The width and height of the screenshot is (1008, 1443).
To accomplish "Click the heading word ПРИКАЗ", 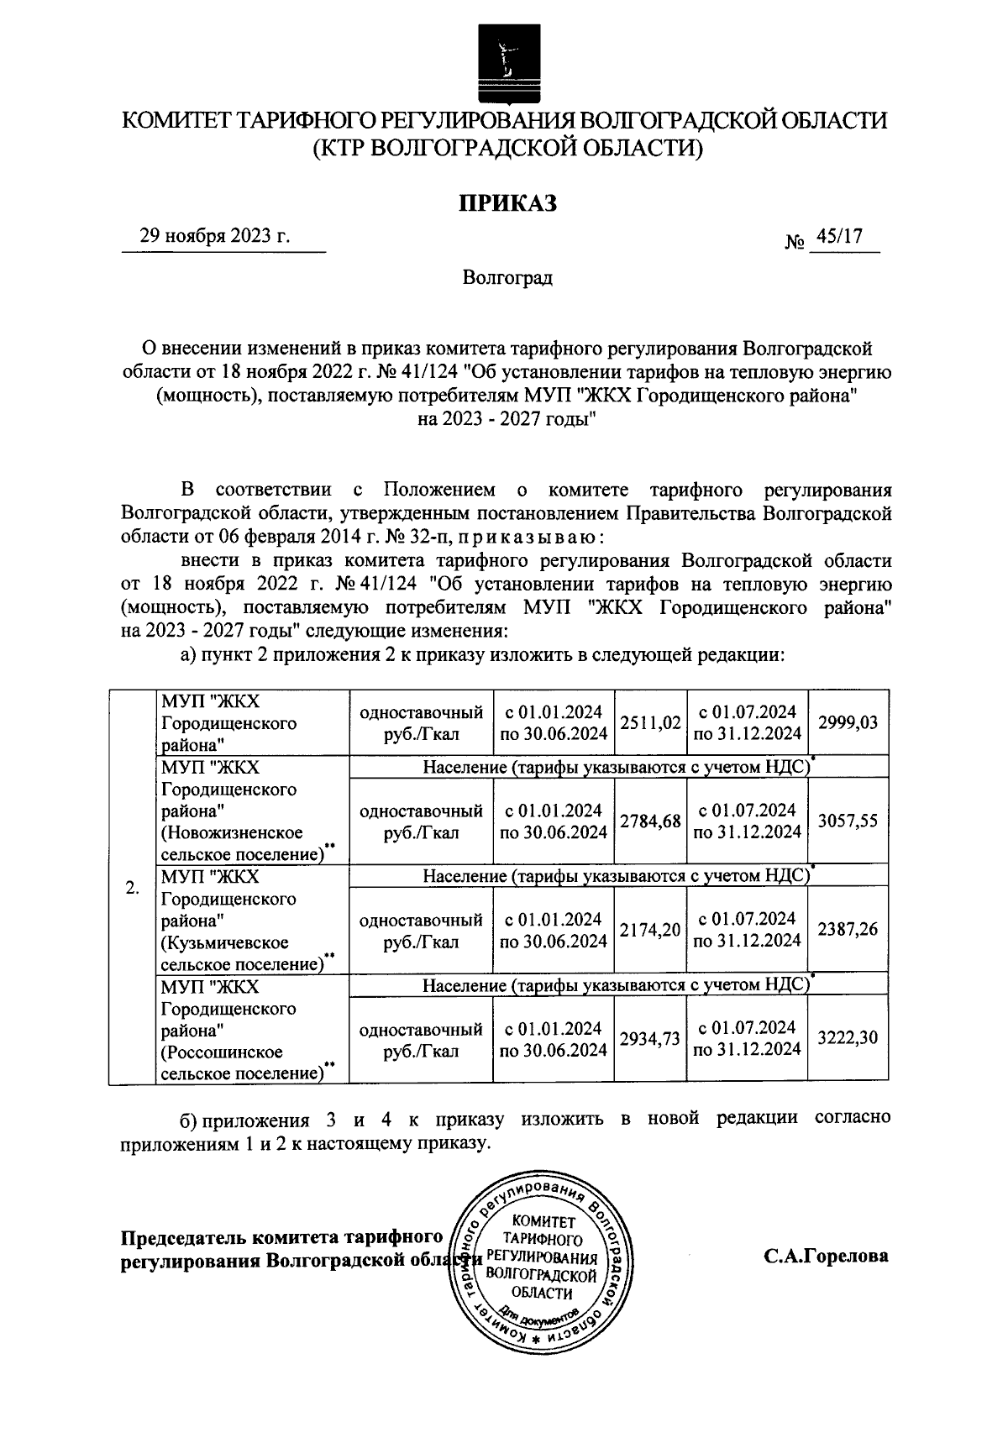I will point(507,203).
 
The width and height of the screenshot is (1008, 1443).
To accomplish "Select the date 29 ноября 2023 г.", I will point(215,236).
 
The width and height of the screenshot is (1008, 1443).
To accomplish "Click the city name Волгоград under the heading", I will point(507,277).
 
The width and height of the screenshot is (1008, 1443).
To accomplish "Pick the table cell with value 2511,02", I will point(650,722).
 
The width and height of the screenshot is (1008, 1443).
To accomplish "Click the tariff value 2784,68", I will point(650,821).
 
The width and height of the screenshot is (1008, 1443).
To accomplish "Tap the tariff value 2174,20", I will point(650,930).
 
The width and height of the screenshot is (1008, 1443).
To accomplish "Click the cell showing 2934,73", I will point(650,1039).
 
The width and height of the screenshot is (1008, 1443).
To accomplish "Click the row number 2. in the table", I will point(132,888).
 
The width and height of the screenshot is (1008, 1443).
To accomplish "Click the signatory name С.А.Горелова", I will point(826,1257).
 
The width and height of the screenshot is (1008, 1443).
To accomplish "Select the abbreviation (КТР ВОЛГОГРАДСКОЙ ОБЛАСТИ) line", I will point(507,150).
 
